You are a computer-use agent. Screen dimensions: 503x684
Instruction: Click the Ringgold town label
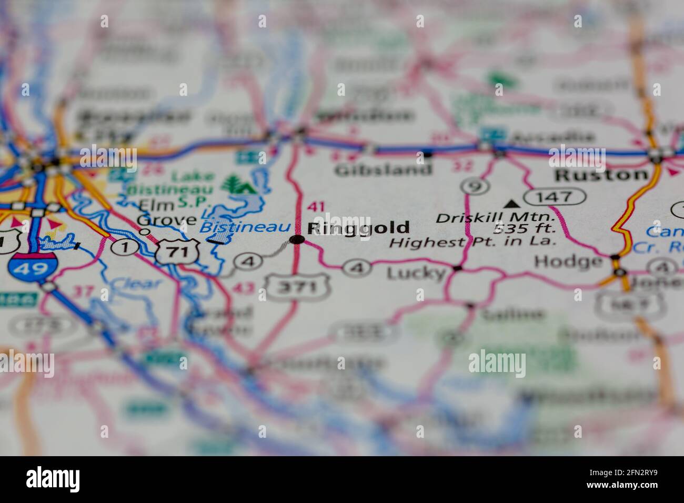tap(358, 228)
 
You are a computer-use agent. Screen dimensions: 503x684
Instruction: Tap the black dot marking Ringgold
tap(297, 240)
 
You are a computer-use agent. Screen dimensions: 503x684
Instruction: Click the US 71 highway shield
tap(179, 252)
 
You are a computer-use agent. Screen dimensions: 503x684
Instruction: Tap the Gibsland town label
tap(383, 170)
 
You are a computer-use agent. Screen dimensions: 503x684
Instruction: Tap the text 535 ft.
tap(524, 228)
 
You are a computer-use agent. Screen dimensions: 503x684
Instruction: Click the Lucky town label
tap(415, 273)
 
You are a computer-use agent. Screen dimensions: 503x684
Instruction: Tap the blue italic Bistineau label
tap(245, 227)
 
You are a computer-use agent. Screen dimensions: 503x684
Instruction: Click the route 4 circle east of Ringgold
tap(356, 267)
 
